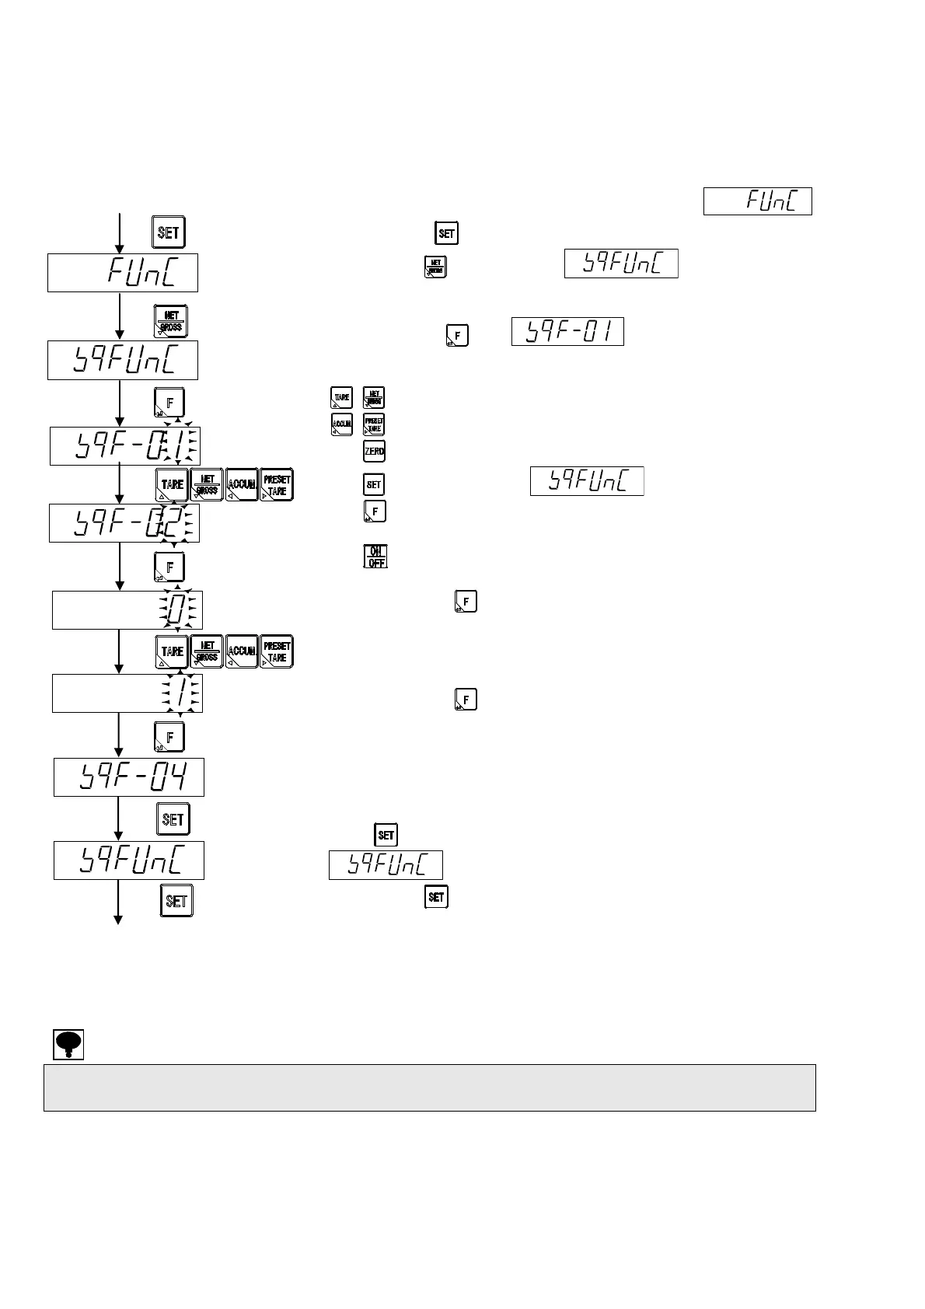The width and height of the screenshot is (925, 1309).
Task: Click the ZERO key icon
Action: [374, 452]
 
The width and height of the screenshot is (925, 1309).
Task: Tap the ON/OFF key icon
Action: [375, 556]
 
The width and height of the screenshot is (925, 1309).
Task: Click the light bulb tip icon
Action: [68, 1044]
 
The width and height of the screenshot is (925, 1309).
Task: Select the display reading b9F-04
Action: [129, 777]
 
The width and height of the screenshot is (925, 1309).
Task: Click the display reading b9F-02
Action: [124, 523]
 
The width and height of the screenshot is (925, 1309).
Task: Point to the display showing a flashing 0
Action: [127, 609]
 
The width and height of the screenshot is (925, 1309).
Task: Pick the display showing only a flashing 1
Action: [127, 693]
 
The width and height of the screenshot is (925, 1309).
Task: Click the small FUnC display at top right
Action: [757, 201]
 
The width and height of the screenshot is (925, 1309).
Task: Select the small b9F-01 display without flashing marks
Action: [567, 332]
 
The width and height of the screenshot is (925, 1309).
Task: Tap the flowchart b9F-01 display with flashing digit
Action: [124, 445]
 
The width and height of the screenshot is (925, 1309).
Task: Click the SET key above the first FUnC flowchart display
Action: [169, 232]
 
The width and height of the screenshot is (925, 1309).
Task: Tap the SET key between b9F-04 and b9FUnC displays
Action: [173, 819]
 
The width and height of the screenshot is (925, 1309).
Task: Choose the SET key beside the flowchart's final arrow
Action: [176, 901]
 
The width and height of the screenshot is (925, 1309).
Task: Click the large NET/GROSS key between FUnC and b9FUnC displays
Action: [170, 321]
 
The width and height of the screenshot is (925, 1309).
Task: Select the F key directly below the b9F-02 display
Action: [169, 567]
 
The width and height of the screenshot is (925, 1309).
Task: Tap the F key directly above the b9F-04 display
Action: [169, 736]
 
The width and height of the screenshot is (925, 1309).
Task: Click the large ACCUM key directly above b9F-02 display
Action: [242, 485]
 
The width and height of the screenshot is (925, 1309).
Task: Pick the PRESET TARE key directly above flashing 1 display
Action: [277, 651]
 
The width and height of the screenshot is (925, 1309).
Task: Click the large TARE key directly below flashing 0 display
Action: [172, 651]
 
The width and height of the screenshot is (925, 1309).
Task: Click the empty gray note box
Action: [429, 1087]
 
